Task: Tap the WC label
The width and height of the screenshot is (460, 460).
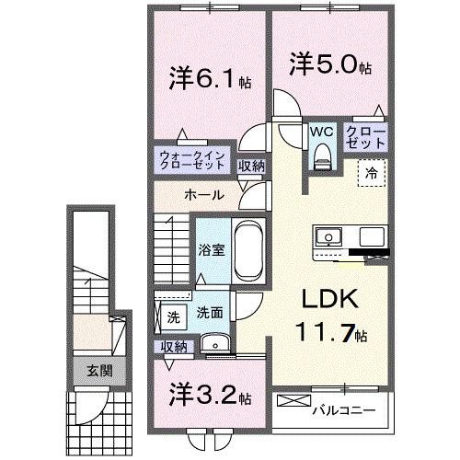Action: click(321, 131)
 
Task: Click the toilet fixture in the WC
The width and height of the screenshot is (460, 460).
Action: click(321, 157)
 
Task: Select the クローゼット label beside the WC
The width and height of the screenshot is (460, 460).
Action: click(365, 138)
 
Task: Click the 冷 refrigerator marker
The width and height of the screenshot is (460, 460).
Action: click(373, 172)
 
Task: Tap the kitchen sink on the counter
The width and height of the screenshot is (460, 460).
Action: click(329, 237)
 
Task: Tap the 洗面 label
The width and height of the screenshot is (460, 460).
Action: click(209, 313)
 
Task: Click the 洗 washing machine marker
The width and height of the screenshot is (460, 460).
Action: click(173, 317)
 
